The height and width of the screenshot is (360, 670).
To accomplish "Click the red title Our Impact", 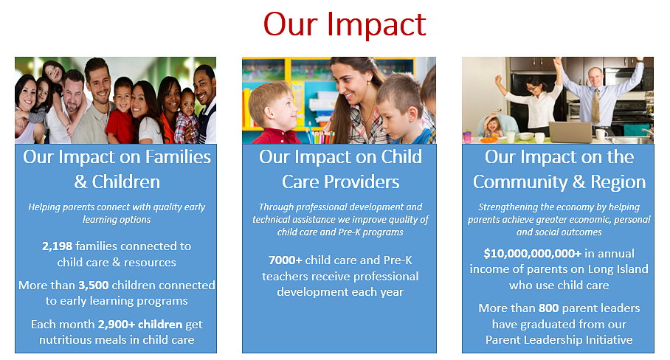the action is tap(345, 24).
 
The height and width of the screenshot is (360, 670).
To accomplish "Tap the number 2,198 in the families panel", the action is tap(58, 246).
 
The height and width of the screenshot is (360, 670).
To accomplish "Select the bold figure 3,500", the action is tap(93, 285).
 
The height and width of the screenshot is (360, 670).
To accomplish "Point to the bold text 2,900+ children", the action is tap(140, 324).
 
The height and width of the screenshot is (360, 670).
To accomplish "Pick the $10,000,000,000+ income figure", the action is tap(533, 254).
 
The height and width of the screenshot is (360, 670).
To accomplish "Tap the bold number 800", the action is tap(549, 308).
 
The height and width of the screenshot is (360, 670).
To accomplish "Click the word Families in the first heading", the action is tap(178, 156).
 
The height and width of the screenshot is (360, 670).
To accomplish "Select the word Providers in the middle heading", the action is tap(362, 182).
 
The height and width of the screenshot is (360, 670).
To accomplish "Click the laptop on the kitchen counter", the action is tap(570, 132).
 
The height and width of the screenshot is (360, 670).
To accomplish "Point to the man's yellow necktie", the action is tap(595, 106).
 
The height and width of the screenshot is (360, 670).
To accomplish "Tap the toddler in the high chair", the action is tap(492, 127).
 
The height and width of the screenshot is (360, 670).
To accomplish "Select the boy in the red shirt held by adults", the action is tap(120, 111).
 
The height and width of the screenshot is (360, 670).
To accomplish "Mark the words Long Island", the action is tap(618, 269).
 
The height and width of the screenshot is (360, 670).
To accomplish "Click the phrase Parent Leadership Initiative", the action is tap(559, 340).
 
